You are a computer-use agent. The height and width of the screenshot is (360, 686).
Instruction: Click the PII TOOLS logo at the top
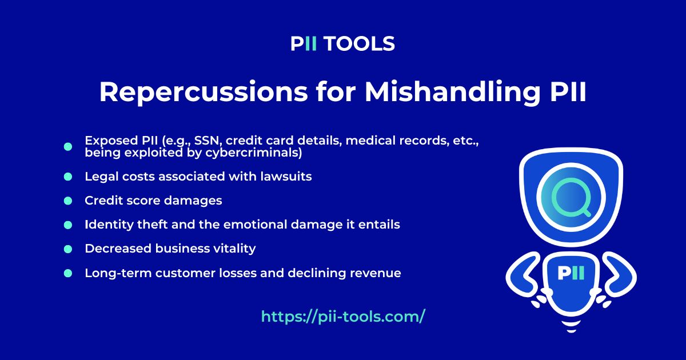[342, 44]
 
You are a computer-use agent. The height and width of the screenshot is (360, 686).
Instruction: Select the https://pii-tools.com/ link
[343, 317]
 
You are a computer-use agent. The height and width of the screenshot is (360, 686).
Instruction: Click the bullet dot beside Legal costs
[68, 177]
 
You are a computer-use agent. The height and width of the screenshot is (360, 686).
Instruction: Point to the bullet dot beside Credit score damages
[68, 201]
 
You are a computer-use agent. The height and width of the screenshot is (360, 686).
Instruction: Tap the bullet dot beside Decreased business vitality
[68, 249]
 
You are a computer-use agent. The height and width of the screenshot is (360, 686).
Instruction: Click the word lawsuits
[287, 177]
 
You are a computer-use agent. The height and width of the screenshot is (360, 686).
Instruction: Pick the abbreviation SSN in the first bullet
[189, 141]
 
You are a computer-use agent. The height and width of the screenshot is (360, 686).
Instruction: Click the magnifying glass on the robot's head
[570, 196]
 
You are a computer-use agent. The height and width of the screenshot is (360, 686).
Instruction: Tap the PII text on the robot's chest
[571, 273]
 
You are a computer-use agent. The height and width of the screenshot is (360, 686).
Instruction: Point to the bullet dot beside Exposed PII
[68, 147]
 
